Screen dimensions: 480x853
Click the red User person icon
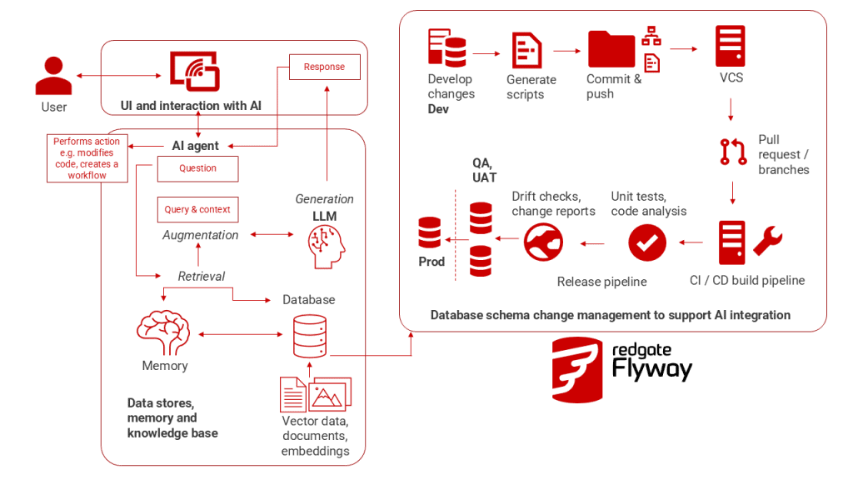(53, 75)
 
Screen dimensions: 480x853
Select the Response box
(324, 67)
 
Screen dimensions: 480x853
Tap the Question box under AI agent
(197, 168)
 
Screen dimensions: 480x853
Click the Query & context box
(197, 210)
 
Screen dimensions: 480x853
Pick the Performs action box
(87, 158)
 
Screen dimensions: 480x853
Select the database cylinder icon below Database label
(309, 336)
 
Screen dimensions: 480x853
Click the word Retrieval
(202, 276)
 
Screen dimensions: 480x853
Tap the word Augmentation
(200, 235)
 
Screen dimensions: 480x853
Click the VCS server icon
(730, 47)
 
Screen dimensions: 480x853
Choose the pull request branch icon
(733, 151)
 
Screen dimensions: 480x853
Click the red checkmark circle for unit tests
(646, 242)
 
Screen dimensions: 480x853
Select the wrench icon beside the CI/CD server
(767, 242)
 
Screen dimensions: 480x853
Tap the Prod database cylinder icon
(430, 234)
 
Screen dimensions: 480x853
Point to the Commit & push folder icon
(611, 49)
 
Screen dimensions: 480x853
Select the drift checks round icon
(544, 242)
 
